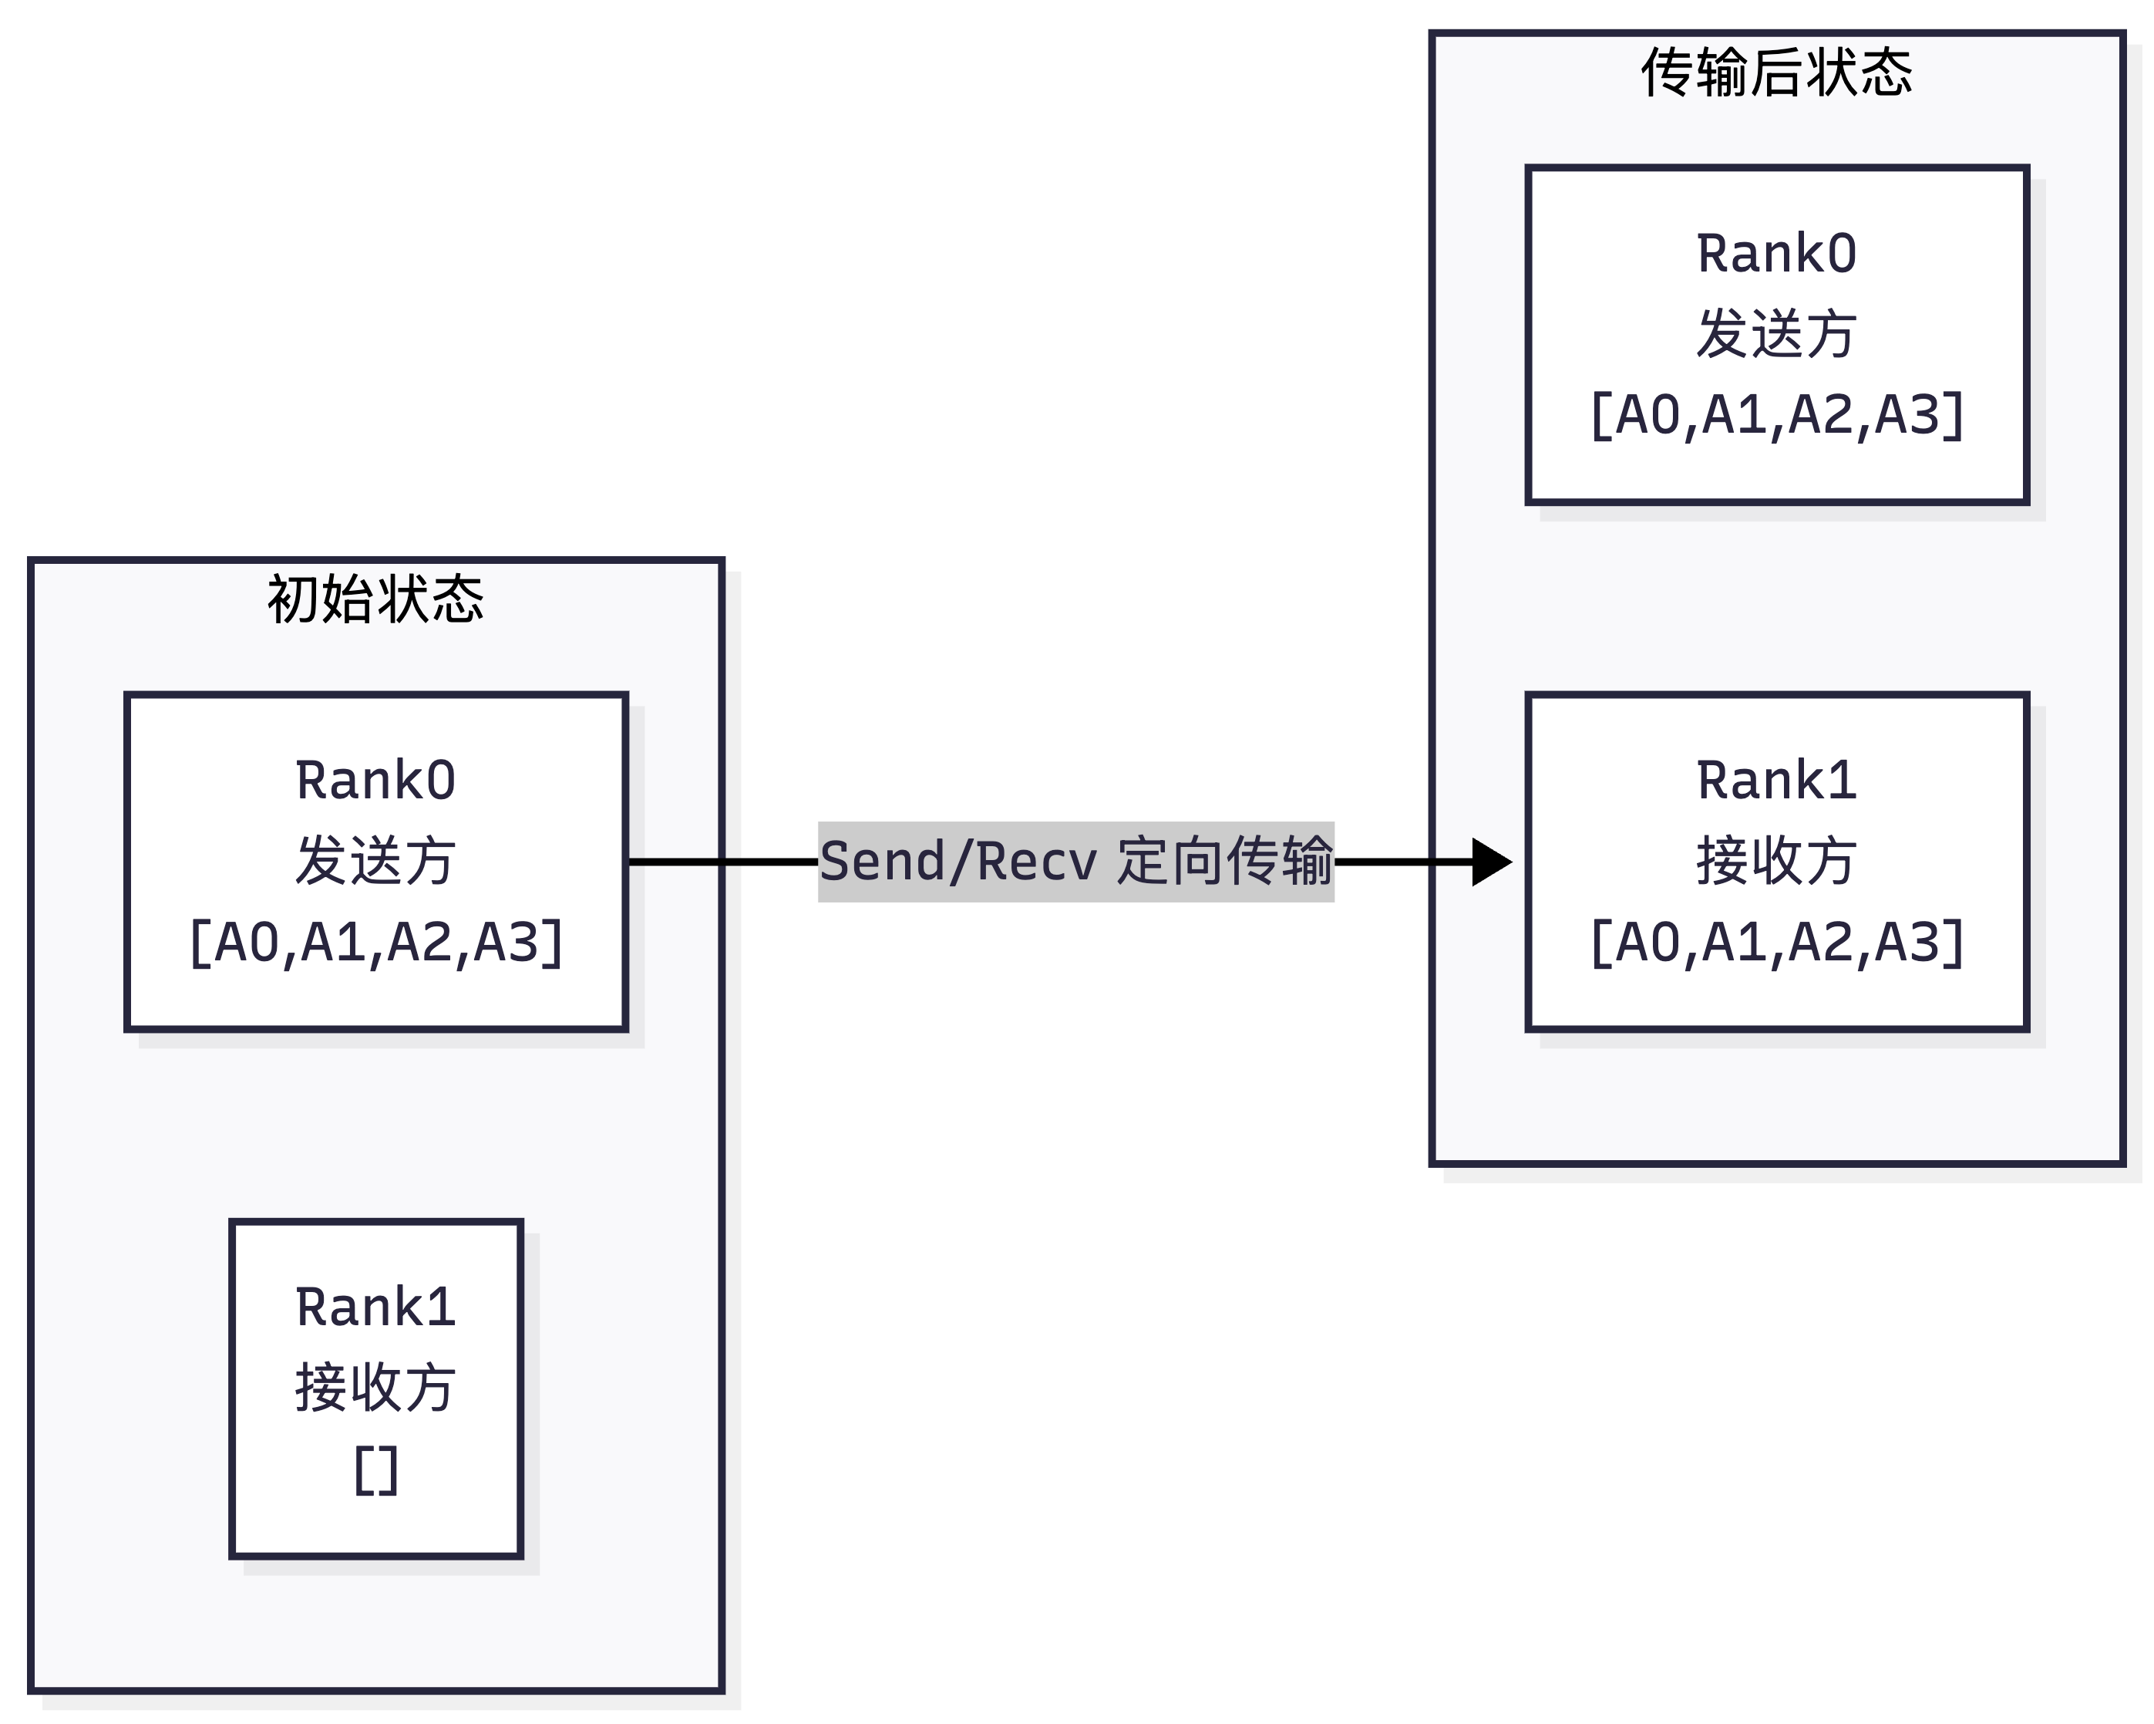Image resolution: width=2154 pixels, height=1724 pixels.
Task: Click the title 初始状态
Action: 375,599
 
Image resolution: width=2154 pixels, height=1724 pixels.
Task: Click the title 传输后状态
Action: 1776,73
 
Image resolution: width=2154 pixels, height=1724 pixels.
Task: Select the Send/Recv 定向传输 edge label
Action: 1076,862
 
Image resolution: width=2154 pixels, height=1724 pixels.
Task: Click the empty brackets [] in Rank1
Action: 375,1470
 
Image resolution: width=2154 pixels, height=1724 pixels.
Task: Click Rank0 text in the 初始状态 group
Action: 375,781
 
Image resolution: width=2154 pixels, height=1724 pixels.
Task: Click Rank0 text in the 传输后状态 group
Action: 1776,254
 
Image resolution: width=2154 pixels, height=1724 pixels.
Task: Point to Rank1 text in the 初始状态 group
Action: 375,1307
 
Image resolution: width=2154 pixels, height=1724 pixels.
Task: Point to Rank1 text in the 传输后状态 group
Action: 1776,781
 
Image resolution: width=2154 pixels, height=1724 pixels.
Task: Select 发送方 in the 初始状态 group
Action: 375,862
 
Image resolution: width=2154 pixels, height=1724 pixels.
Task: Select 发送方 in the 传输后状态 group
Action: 1776,334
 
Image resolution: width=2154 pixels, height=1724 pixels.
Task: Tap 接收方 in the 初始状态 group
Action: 375,1388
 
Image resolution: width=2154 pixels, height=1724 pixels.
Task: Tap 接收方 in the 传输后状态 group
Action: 1776,862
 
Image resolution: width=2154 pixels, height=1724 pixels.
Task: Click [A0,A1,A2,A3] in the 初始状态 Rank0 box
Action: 375,943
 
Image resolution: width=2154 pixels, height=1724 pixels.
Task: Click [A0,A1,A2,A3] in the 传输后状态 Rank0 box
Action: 1776,415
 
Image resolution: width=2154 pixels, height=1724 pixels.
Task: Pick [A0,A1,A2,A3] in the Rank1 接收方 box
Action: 1776,943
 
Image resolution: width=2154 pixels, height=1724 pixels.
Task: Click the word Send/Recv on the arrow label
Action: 957,862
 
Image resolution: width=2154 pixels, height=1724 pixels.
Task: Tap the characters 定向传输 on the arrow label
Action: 1225,862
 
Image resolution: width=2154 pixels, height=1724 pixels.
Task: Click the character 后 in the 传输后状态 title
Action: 1776,73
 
